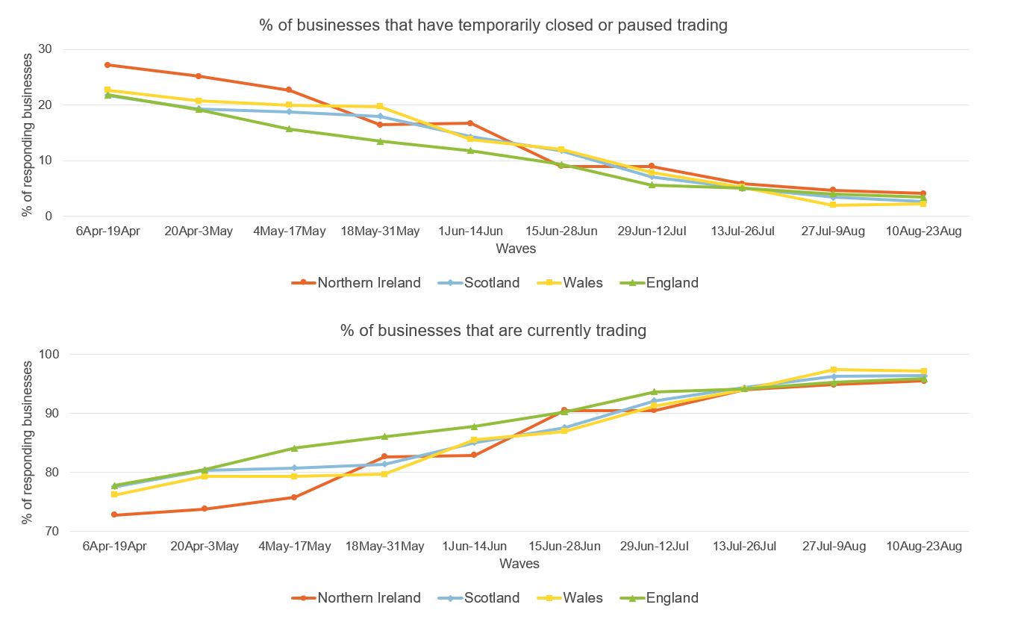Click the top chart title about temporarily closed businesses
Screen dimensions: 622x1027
point(493,25)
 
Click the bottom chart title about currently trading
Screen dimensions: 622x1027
point(493,330)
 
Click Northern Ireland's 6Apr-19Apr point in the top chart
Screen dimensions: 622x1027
point(108,65)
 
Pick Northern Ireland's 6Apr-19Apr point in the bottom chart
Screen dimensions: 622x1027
point(113,514)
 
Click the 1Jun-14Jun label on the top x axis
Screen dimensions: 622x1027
point(471,231)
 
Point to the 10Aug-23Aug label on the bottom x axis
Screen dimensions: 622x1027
point(924,547)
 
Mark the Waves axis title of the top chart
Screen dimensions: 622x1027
point(515,249)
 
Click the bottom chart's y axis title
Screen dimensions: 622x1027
point(28,442)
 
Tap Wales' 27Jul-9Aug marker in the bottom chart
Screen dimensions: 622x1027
point(834,370)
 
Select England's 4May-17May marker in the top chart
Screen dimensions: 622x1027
point(289,129)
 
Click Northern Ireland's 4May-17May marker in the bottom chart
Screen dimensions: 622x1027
point(294,497)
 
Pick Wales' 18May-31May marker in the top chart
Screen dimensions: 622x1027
point(380,107)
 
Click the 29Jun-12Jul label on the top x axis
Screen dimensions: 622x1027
point(652,231)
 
